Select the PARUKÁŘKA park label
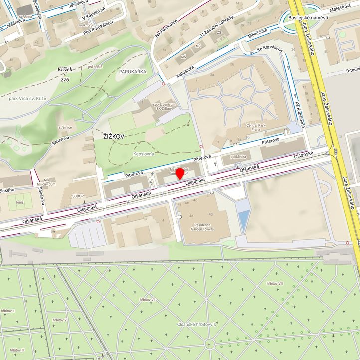pos(133,72)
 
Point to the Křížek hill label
pos(64,71)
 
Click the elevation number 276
pos(65,79)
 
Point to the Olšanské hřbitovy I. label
pos(198,324)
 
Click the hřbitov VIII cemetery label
pos(275,283)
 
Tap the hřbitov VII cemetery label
pos(146,300)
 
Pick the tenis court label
pos(19,202)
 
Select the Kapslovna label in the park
pos(144,154)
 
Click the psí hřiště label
pos(95,67)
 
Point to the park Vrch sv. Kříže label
pos(27,99)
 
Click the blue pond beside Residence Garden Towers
pos(243,221)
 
